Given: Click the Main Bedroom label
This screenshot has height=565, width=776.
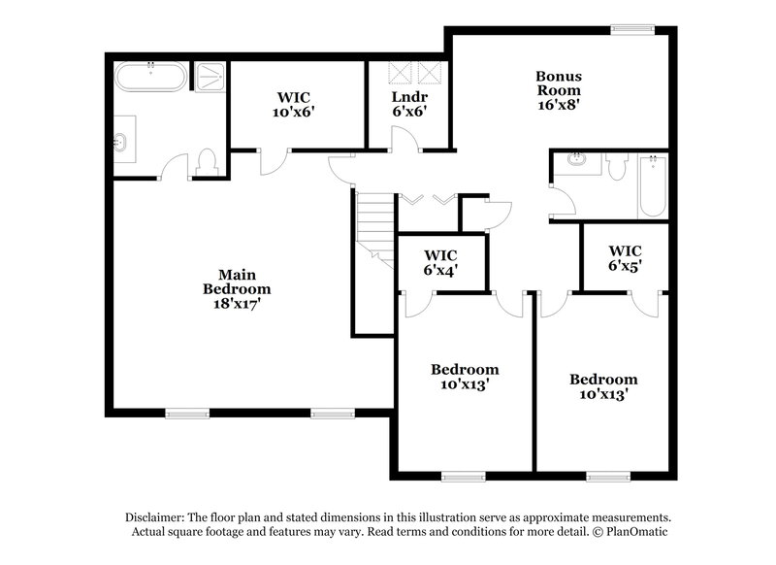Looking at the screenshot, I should (237, 289).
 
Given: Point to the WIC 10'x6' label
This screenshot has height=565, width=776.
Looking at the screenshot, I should (295, 104).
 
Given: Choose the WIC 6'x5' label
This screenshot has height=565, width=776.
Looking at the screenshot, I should (626, 256).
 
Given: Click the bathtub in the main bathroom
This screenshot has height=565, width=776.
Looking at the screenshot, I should (150, 78).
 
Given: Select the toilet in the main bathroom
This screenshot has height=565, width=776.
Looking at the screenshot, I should (206, 162).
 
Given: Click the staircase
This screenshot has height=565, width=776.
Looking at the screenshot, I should (374, 224).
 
